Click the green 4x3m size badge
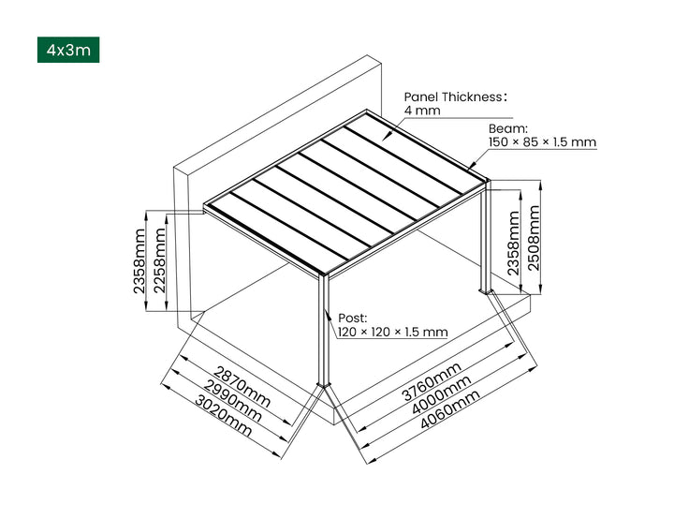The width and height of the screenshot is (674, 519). pos(67,50)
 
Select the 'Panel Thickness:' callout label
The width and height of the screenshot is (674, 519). pos(455,96)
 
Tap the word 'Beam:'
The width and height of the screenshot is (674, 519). pos(508,128)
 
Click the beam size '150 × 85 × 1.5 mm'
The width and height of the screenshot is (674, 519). pos(542,142)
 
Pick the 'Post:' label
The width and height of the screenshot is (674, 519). pos(352,318)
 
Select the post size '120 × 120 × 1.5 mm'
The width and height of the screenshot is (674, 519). pos(391,332)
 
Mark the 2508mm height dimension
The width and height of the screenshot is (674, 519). pos(534,238)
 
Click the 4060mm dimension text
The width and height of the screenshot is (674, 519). pos(451,408)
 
